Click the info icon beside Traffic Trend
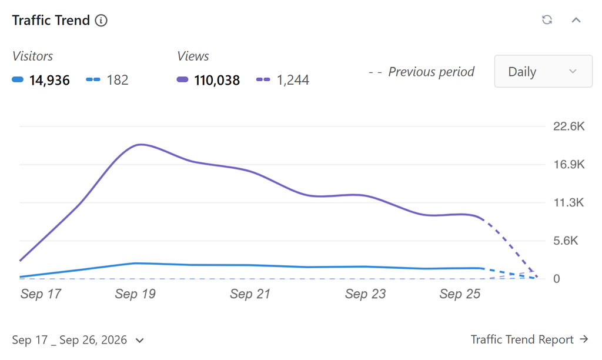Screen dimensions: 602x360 [x=101, y=21]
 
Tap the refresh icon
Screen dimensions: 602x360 [x=547, y=19]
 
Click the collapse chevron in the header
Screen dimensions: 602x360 [x=576, y=20]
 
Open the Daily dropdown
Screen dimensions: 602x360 [x=543, y=71]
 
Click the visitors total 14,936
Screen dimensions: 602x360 [x=49, y=81]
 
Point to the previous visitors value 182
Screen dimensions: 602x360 [x=118, y=80]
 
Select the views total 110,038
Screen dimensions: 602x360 [x=217, y=81]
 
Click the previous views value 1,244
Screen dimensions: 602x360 [x=293, y=80]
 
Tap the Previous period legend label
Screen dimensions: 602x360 [x=431, y=72]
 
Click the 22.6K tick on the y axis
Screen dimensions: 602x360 [x=568, y=126]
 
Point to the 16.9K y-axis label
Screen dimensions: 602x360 [x=568, y=165]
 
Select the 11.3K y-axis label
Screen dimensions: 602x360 [x=568, y=202]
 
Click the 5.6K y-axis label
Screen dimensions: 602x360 [x=566, y=241]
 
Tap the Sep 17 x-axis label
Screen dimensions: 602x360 [x=41, y=294]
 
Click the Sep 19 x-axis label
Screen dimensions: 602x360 [x=135, y=294]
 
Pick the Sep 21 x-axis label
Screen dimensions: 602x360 [x=250, y=294]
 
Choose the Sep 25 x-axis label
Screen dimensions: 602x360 [x=460, y=294]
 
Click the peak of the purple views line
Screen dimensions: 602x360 [x=141, y=145]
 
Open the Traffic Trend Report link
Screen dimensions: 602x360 [x=530, y=339]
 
